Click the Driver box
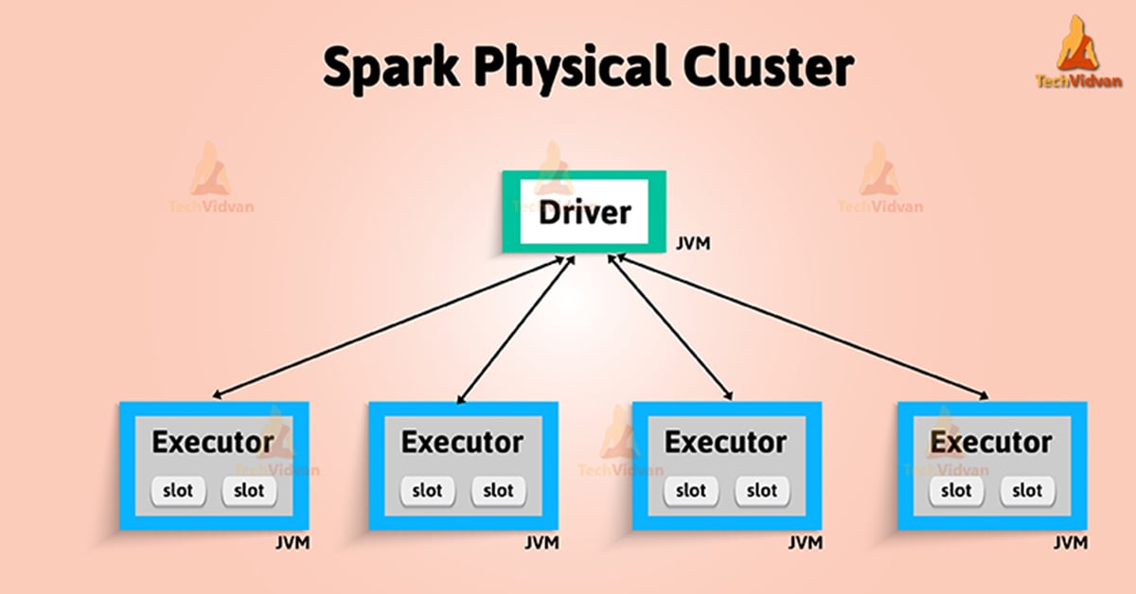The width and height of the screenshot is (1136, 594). [584, 212]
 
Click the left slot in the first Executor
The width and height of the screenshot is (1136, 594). [178, 491]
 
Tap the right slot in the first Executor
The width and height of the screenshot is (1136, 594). [249, 491]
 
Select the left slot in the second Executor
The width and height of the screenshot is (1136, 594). [427, 491]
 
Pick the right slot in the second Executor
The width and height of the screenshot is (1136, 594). [498, 491]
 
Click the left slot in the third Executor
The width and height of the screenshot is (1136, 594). [690, 491]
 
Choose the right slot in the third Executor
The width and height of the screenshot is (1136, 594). [761, 491]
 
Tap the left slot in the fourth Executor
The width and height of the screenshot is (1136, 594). [955, 491]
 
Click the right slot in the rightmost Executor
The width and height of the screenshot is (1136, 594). [1026, 491]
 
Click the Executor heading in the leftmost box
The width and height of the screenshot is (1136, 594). [213, 442]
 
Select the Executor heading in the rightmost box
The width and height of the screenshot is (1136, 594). [990, 442]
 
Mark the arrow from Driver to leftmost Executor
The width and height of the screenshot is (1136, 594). [388, 326]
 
